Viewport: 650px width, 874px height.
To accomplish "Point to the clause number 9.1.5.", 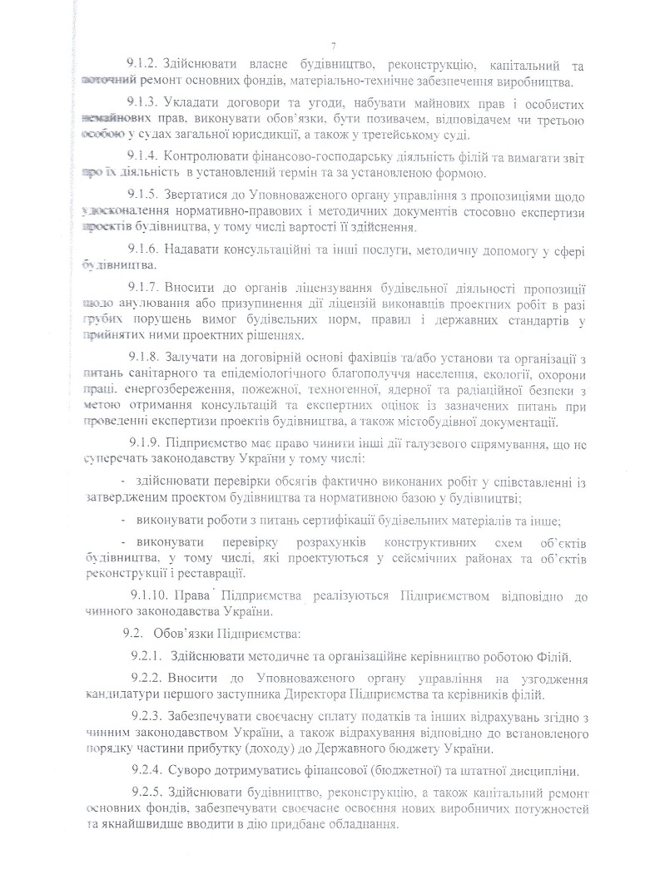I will point(145,195).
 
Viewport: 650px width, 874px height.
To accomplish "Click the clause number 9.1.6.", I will point(145,249).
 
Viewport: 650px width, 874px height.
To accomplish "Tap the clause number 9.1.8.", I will point(145,358).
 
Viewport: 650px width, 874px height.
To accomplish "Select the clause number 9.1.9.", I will point(146,439).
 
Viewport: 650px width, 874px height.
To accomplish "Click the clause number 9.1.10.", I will point(151,597).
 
